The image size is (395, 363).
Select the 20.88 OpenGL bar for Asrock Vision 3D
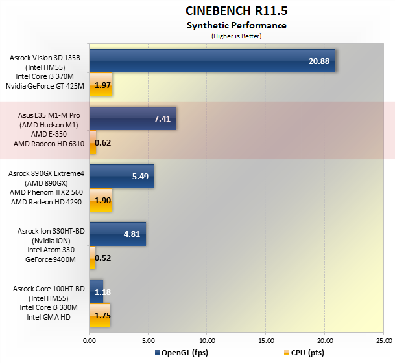click(212, 61)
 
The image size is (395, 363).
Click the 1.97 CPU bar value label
click(103, 85)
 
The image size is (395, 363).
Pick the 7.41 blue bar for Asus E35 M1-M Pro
click(132, 118)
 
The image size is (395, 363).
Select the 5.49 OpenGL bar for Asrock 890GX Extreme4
click(121, 176)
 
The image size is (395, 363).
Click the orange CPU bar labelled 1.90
click(101, 200)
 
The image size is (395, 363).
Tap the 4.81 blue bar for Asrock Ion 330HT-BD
click(117, 234)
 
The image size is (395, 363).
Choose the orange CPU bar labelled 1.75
click(100, 315)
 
